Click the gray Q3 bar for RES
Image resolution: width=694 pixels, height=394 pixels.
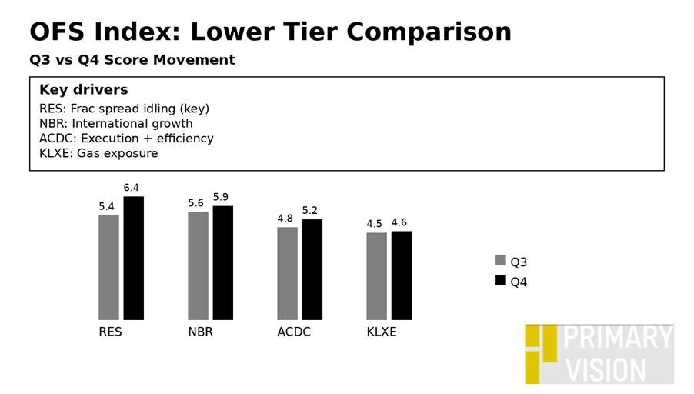click(108, 267)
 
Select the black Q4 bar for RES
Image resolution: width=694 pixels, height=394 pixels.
click(133, 258)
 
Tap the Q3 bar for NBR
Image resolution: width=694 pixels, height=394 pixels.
click(198, 265)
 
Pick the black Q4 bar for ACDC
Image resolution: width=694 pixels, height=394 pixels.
click(312, 269)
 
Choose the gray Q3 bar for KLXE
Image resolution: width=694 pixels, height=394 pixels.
click(376, 275)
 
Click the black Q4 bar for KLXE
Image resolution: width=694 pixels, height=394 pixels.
click(401, 275)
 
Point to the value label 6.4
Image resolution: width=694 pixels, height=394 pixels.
click(132, 188)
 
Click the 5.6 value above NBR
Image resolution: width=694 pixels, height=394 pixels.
click(195, 203)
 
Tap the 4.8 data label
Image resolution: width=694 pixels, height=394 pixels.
click(285, 219)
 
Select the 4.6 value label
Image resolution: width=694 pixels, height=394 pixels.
click(399, 223)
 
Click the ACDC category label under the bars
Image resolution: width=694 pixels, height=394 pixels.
click(294, 332)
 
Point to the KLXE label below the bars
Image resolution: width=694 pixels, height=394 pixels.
click(382, 332)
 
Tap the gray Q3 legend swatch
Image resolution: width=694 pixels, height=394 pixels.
click(501, 261)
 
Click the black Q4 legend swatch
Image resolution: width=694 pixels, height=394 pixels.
click(501, 281)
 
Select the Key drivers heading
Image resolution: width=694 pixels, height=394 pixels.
click(83, 90)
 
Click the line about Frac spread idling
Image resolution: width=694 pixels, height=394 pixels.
click(124, 109)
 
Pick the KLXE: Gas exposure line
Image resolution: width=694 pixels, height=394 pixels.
click(98, 153)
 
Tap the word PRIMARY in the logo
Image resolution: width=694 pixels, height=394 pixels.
click(618, 339)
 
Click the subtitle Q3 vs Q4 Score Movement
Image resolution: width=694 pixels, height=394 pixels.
click(132, 60)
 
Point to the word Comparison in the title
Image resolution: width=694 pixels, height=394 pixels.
click(429, 32)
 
